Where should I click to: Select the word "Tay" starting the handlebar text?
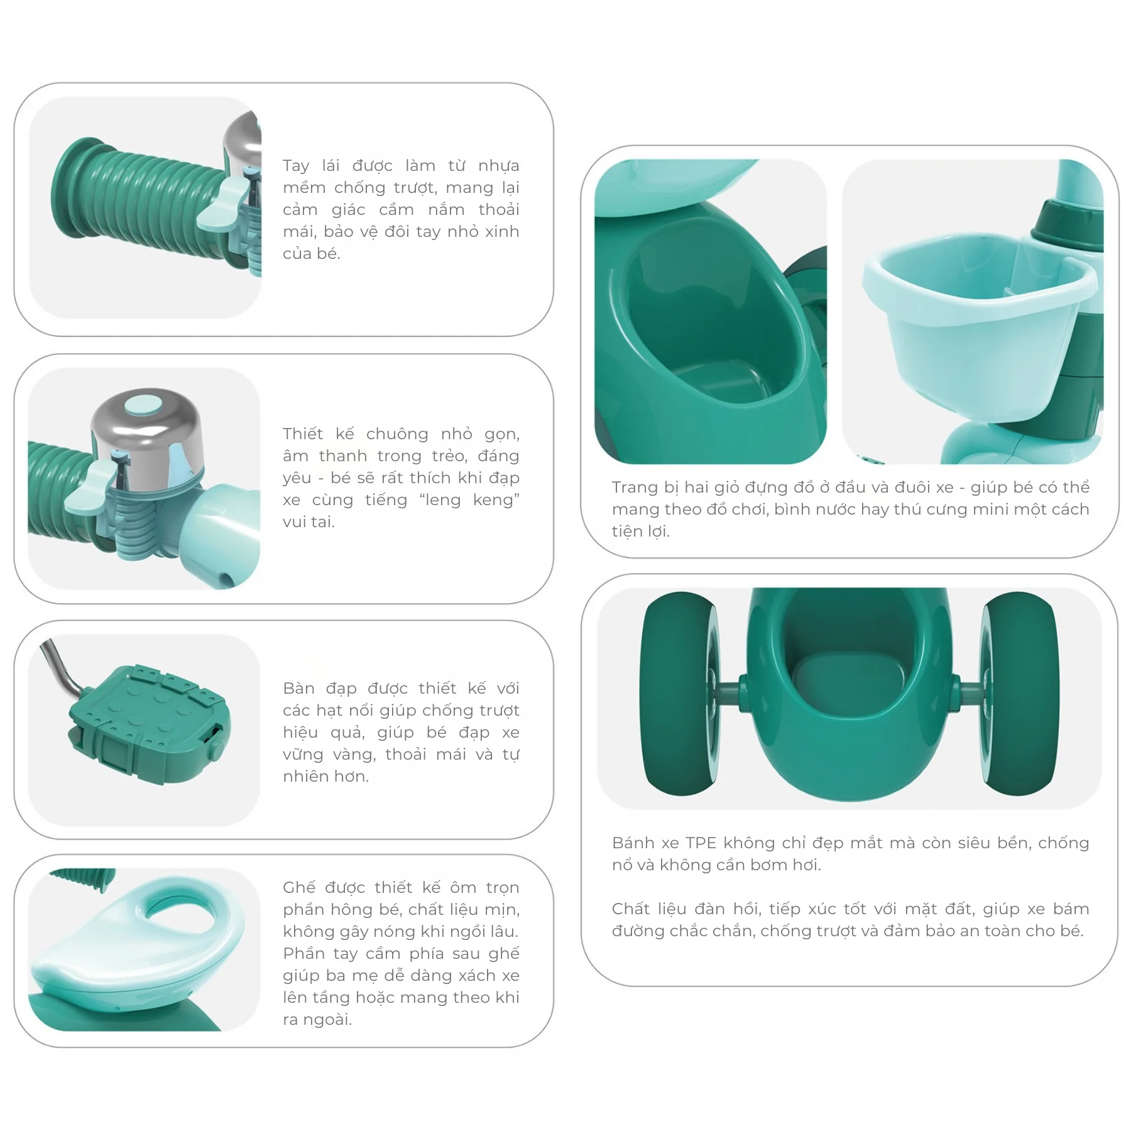(296, 167)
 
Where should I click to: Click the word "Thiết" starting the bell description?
(303, 434)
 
